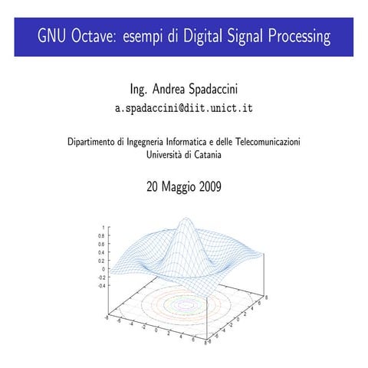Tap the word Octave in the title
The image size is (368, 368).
(93, 37)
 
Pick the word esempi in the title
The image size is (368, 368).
(148, 37)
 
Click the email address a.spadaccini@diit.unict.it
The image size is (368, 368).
(183, 108)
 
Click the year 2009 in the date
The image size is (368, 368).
(207, 186)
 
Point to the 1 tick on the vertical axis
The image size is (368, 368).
(104, 228)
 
